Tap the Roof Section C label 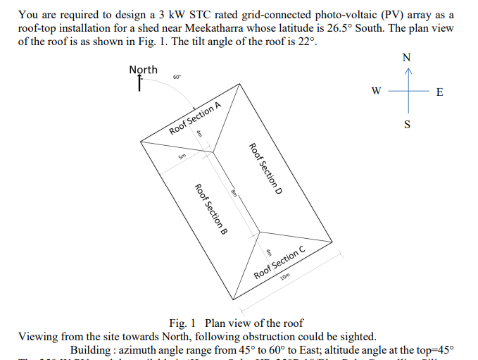(x=279, y=262)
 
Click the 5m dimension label (x=182, y=156)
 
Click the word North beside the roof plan (x=144, y=70)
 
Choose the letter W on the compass (x=377, y=91)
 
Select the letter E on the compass (x=440, y=92)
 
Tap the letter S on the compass (x=406, y=125)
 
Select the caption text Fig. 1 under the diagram (x=180, y=323)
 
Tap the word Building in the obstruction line (x=92, y=350)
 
